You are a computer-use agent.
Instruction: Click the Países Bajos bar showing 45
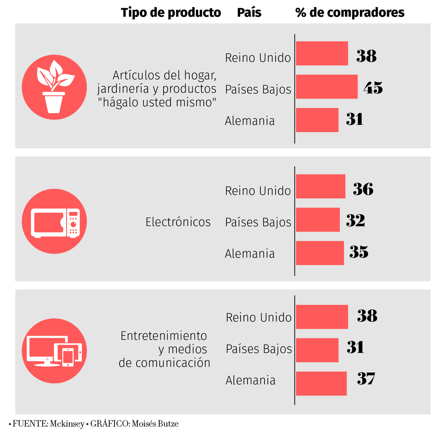pyautogui.click(x=326, y=87)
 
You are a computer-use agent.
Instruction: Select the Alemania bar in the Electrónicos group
pyautogui.click(x=320, y=253)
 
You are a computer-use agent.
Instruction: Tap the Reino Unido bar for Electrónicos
pyautogui.click(x=320, y=186)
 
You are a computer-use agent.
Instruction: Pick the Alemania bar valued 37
pyautogui.click(x=321, y=383)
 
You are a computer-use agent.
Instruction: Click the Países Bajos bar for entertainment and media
pyautogui.click(x=317, y=350)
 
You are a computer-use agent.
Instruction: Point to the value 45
pyautogui.click(x=373, y=88)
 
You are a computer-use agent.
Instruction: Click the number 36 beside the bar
pyautogui.click(x=363, y=189)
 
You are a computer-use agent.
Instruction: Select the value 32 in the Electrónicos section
pyautogui.click(x=355, y=220)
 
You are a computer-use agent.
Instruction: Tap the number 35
pyautogui.click(x=359, y=252)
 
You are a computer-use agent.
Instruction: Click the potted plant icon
pyautogui.click(x=54, y=87)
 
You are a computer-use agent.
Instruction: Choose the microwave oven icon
pyautogui.click(x=54, y=221)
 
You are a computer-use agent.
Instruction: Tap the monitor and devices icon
pyautogui.click(x=54, y=351)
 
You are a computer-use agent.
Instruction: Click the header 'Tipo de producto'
pyautogui.click(x=171, y=13)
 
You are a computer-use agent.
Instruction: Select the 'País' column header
pyautogui.click(x=249, y=13)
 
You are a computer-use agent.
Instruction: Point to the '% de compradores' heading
pyautogui.click(x=350, y=13)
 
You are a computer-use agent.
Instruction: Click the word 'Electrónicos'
pyautogui.click(x=178, y=222)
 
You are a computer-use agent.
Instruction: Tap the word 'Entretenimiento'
pyautogui.click(x=164, y=336)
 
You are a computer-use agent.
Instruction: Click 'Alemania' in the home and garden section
pyautogui.click(x=250, y=121)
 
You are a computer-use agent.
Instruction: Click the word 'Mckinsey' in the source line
pyautogui.click(x=67, y=424)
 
